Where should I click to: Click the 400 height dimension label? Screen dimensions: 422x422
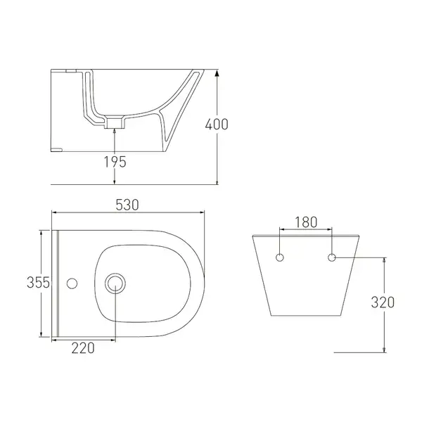(217, 124)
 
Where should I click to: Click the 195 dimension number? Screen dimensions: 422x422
(115, 162)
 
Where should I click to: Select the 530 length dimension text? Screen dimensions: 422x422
(127, 205)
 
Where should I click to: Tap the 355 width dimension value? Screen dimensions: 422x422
(38, 283)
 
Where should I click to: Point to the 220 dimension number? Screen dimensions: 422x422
(83, 348)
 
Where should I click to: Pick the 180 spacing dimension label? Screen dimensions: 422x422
(306, 222)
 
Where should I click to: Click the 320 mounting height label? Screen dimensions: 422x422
(383, 302)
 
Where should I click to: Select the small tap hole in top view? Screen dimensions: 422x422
(72, 283)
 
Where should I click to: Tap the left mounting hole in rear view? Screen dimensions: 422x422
(280, 257)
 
